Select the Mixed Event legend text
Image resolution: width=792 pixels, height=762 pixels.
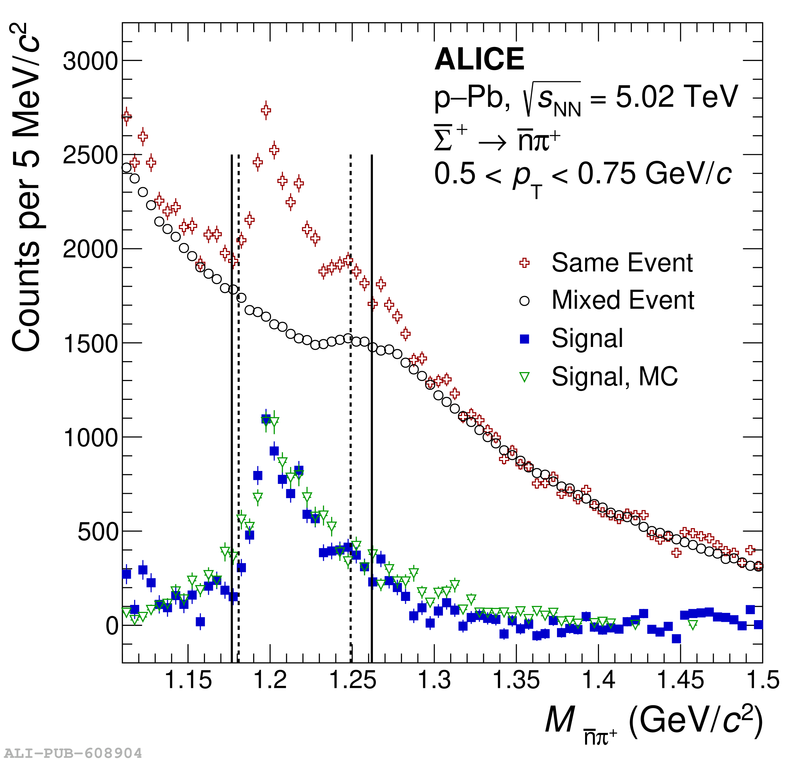623,300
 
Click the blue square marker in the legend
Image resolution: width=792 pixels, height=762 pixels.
524,339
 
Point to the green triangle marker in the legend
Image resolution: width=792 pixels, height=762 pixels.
524,377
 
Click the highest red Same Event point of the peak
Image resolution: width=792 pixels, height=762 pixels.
266,110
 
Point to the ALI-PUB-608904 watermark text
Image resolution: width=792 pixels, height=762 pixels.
73,753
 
